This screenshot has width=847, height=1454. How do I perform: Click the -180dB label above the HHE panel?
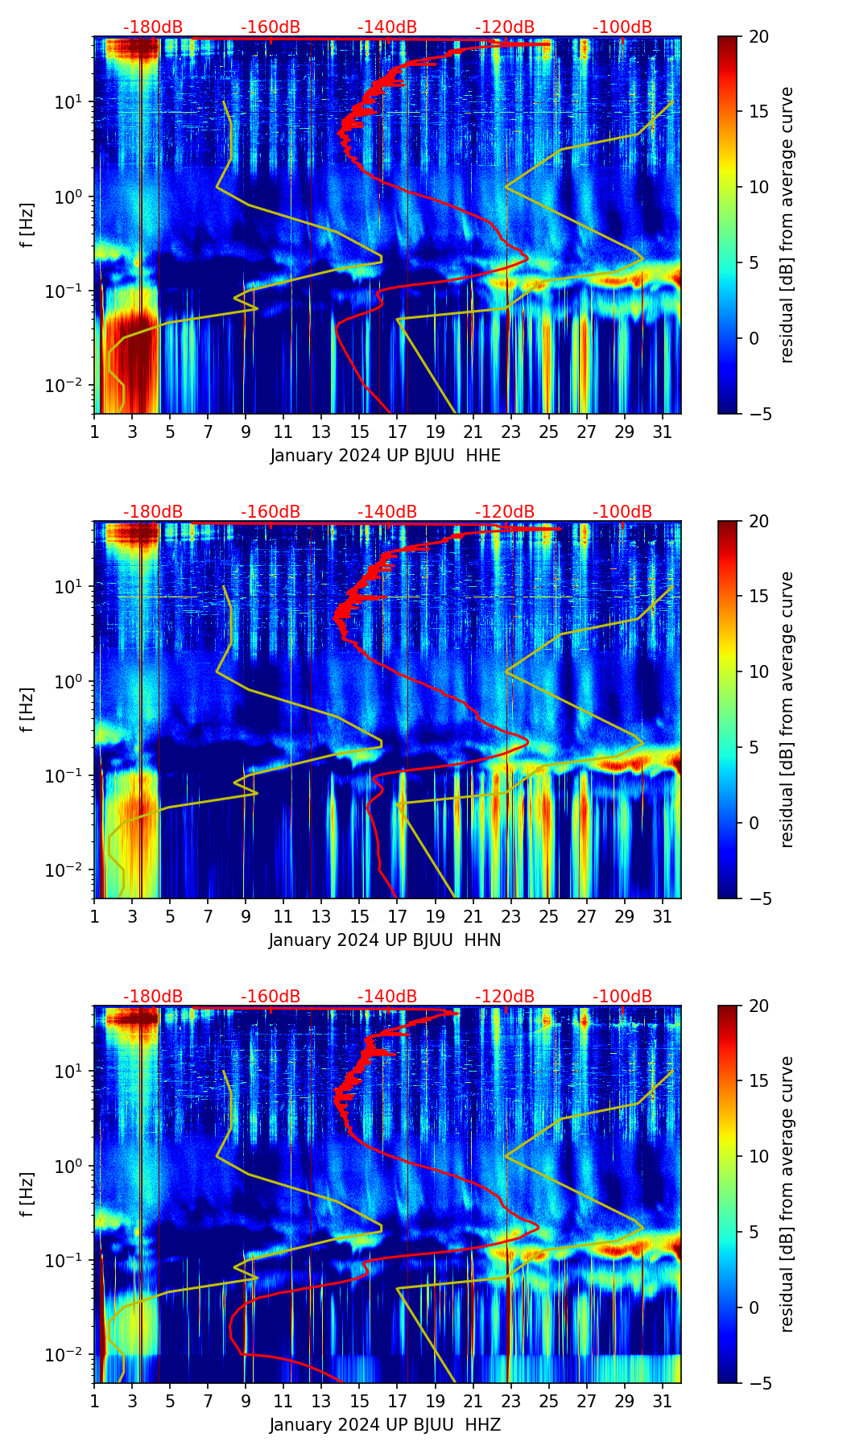[x=153, y=27]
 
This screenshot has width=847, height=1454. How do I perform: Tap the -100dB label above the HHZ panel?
[x=622, y=997]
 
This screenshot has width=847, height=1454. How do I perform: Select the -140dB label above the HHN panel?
[x=387, y=512]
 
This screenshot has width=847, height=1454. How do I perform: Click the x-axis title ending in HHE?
[x=385, y=456]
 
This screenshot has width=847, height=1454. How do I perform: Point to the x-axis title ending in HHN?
[x=385, y=940]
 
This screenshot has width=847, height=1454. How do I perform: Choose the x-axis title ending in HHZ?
[x=385, y=1425]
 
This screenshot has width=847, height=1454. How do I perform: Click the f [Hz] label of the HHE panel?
[x=28, y=225]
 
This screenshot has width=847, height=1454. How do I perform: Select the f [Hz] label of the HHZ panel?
[x=28, y=1195]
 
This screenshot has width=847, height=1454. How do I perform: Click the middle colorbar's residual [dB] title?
[x=787, y=709]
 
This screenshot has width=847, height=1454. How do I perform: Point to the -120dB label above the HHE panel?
[x=505, y=27]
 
